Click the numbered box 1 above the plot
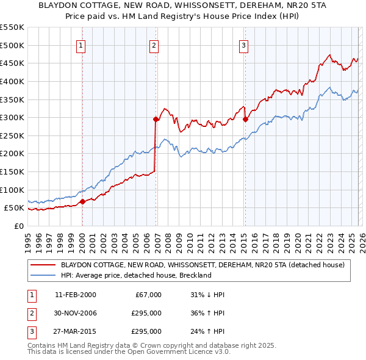[x=81, y=45]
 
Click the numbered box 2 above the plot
[x=154, y=45]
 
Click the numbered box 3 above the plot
[x=243, y=45]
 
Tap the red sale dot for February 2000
[x=82, y=201]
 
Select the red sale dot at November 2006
[x=156, y=120]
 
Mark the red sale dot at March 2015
[x=245, y=120]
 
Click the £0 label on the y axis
[x=18, y=226]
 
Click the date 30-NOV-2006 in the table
[x=76, y=313]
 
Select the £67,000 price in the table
[x=147, y=295]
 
